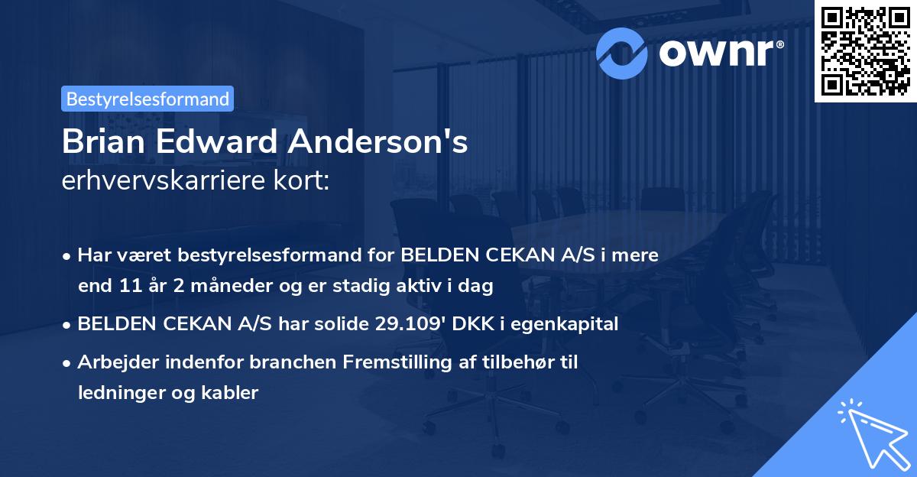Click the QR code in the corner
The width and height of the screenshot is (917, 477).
[x=866, y=50]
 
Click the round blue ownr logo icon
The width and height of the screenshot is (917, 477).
[x=622, y=52]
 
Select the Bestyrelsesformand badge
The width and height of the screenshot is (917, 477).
[x=147, y=99]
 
